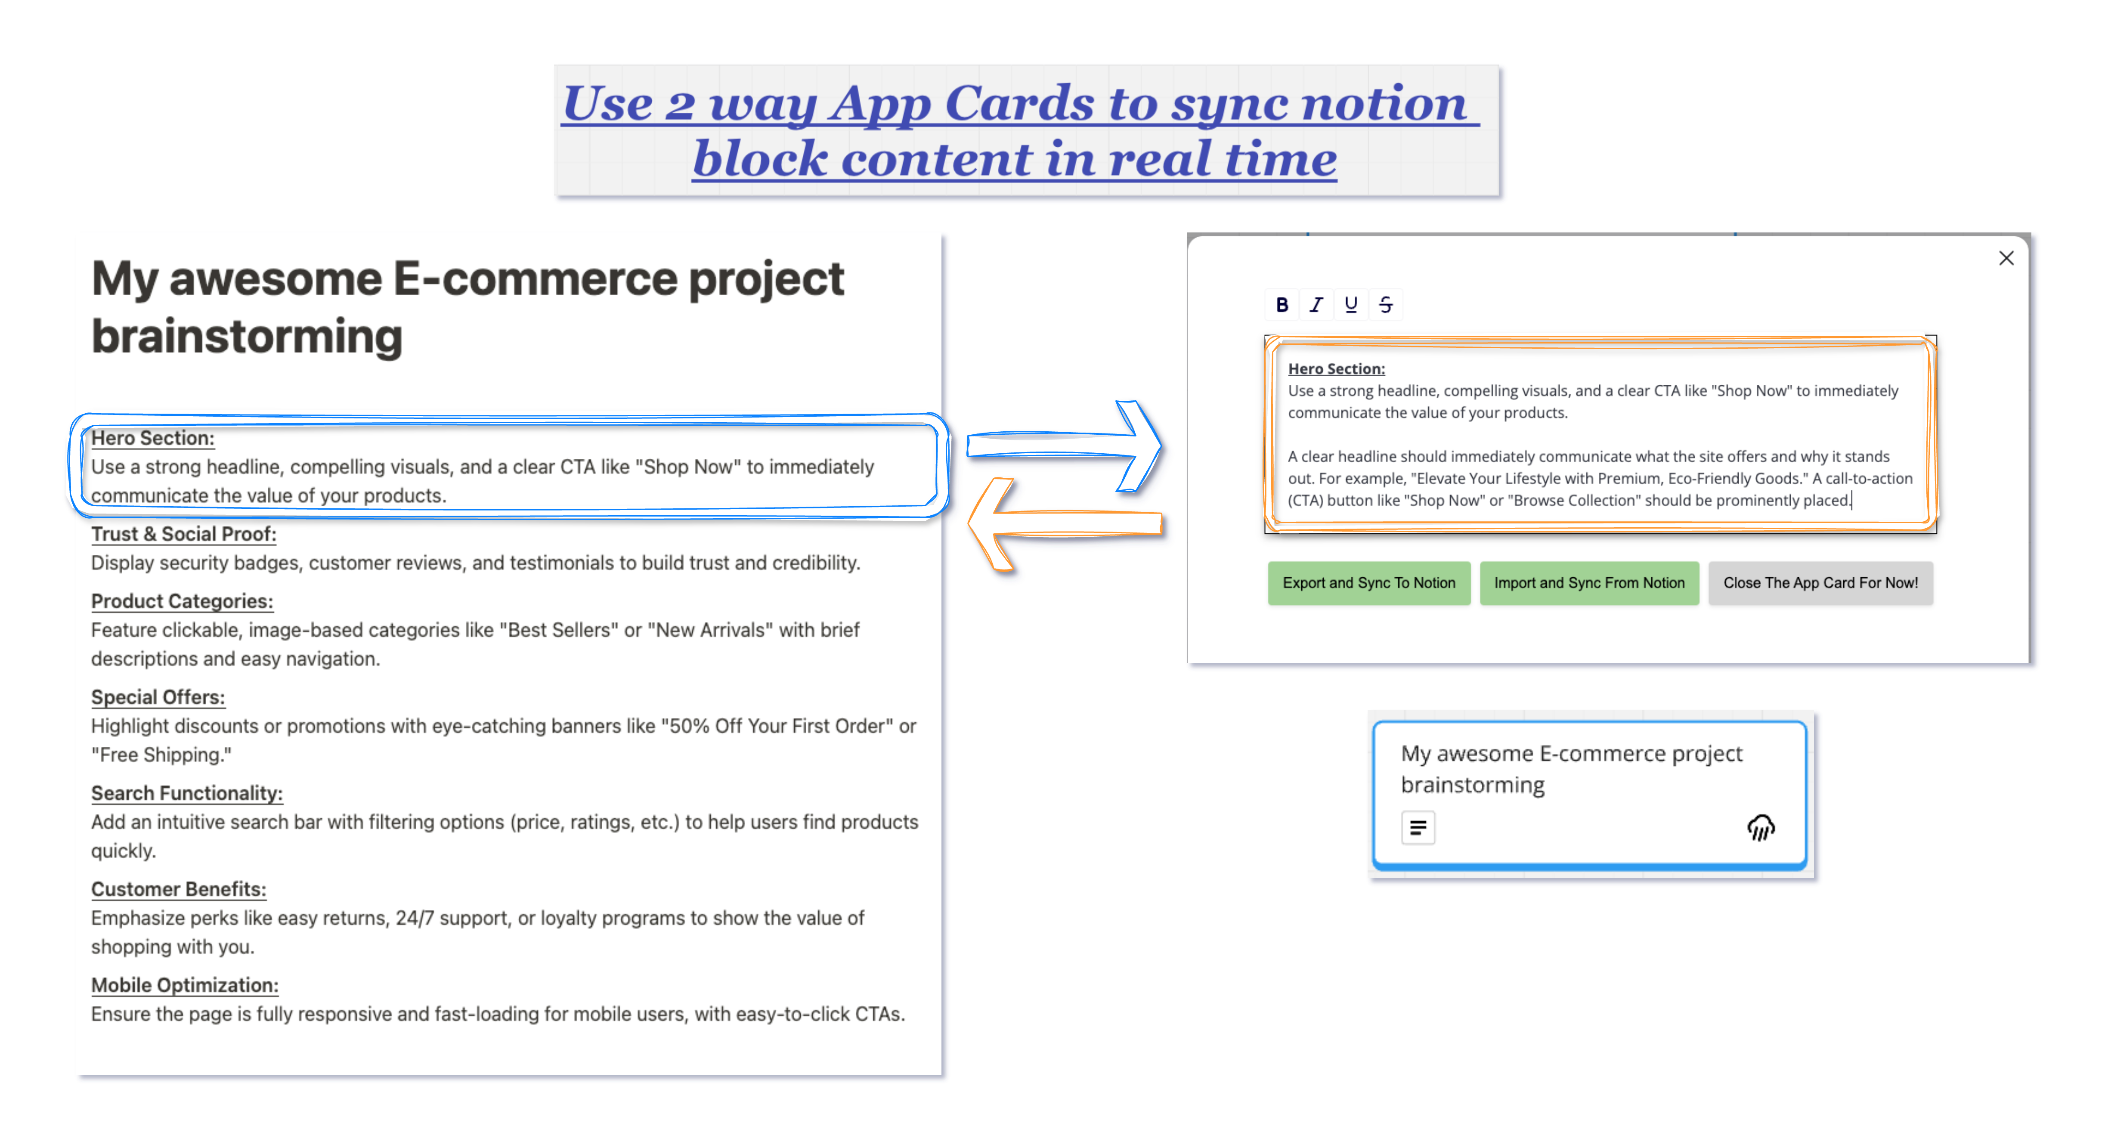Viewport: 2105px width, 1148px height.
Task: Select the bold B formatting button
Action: pyautogui.click(x=1282, y=305)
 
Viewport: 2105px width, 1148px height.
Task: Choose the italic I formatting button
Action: pyautogui.click(x=1316, y=305)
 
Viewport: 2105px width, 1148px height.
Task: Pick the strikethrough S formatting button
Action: pyautogui.click(x=1385, y=305)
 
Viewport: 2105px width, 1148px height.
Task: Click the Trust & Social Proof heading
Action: pyautogui.click(x=184, y=534)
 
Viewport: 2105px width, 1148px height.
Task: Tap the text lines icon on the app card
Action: pyautogui.click(x=1418, y=828)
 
